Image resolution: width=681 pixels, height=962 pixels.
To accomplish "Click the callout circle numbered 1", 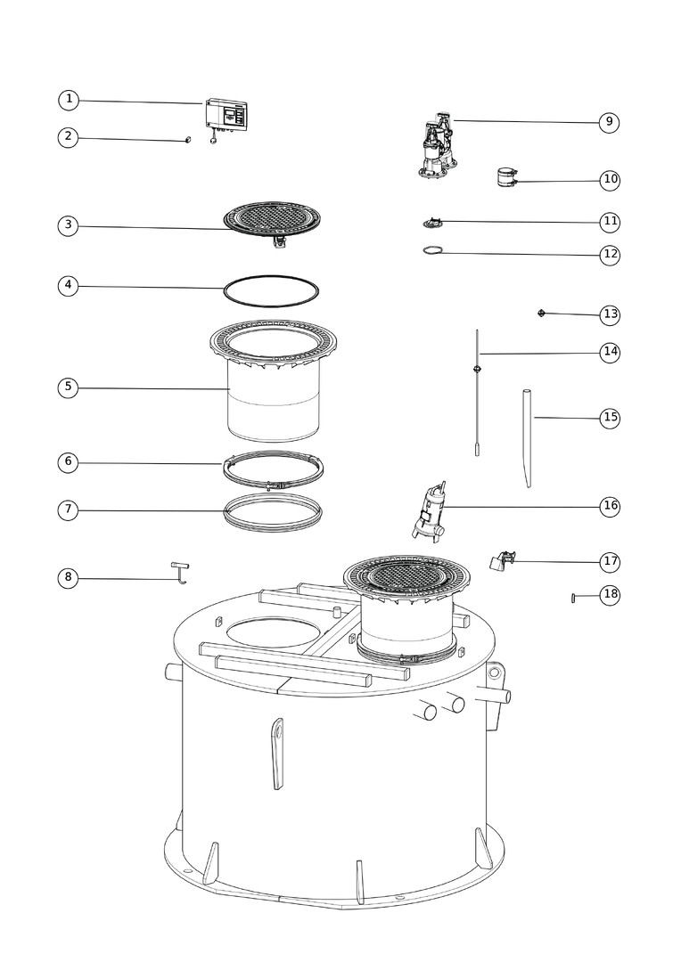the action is click(x=69, y=100).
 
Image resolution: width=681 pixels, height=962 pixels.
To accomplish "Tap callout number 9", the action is click(x=609, y=122).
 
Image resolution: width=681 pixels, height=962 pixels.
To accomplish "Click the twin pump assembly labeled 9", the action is click(x=439, y=146).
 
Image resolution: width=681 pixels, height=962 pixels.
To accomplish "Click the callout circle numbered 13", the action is click(x=610, y=314).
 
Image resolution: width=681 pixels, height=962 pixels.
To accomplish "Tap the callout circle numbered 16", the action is click(x=610, y=506).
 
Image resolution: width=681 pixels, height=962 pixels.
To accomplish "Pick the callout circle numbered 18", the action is click(x=610, y=594).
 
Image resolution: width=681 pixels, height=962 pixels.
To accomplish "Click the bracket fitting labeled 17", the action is click(x=503, y=560).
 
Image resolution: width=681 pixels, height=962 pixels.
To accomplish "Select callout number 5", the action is click(x=68, y=387).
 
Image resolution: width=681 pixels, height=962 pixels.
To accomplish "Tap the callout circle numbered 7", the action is click(x=68, y=510).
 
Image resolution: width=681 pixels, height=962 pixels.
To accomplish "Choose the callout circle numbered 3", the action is click(x=68, y=225).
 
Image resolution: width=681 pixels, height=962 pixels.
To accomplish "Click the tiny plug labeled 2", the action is click(x=188, y=140).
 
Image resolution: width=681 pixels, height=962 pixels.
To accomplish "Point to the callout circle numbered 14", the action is click(x=610, y=352).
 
